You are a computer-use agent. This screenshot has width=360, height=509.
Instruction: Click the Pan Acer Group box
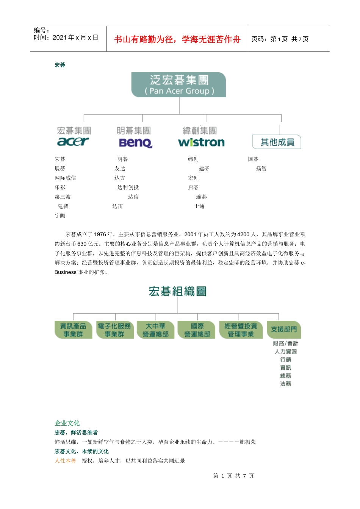(x=178, y=85)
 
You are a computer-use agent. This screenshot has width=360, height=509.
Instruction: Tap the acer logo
(x=73, y=142)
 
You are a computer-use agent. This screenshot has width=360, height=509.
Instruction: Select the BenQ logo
(x=135, y=142)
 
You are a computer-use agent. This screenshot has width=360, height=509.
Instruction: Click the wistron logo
(x=201, y=142)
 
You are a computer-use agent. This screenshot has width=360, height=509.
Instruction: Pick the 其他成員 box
(x=277, y=142)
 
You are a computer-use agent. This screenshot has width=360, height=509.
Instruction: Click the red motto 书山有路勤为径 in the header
(x=177, y=39)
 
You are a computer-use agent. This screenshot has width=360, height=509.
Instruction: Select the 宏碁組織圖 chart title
(x=177, y=291)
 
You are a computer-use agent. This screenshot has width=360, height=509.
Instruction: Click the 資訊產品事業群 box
(x=73, y=330)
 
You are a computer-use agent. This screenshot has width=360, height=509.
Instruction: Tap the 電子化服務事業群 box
(x=114, y=330)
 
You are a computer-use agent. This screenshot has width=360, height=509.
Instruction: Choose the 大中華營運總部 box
(x=155, y=330)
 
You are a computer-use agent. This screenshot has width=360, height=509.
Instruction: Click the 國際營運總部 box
(x=197, y=330)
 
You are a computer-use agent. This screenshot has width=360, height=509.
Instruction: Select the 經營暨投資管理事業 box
(x=241, y=330)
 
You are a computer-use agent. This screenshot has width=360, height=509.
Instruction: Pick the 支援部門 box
(x=284, y=329)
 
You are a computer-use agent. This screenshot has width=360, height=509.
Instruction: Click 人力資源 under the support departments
(x=286, y=351)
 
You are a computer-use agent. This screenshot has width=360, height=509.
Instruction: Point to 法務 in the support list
(x=286, y=384)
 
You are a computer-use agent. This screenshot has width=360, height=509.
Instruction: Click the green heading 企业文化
(x=67, y=423)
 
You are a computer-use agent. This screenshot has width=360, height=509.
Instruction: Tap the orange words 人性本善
(x=65, y=461)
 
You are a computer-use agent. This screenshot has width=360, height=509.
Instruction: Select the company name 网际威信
(x=65, y=178)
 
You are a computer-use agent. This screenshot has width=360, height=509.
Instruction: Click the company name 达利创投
(x=128, y=187)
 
